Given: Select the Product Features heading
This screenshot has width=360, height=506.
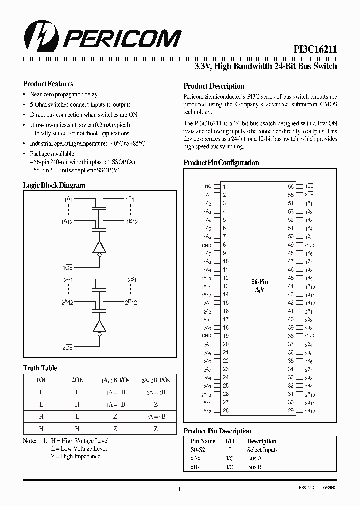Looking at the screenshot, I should [48, 84].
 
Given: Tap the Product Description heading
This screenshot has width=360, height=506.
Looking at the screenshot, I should [214, 86].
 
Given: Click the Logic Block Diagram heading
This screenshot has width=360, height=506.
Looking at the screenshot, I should [54, 185].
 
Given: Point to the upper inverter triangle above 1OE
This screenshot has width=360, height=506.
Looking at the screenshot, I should [100, 247].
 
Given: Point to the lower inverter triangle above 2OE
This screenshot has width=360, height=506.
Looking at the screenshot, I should [100, 326].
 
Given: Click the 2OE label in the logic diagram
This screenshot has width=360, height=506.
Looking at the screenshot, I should [68, 347].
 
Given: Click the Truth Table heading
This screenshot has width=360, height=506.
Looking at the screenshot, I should [40, 368].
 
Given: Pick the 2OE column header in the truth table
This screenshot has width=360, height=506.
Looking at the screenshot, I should [78, 380].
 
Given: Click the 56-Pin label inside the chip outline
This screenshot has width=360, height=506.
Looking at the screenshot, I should [259, 282].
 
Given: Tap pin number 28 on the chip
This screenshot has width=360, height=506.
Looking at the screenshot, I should [225, 410].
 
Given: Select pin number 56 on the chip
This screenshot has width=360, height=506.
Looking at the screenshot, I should [290, 186].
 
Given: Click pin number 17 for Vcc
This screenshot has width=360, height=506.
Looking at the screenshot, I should [225, 319].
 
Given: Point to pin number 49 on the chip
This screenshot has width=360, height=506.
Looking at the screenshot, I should [290, 245].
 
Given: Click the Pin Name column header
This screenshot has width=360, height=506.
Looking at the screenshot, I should [203, 441].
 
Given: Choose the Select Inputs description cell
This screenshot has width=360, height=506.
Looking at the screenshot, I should [262, 450].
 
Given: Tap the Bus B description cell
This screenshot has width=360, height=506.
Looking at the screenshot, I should [254, 467].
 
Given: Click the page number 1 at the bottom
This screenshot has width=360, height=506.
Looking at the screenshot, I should [179, 490].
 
